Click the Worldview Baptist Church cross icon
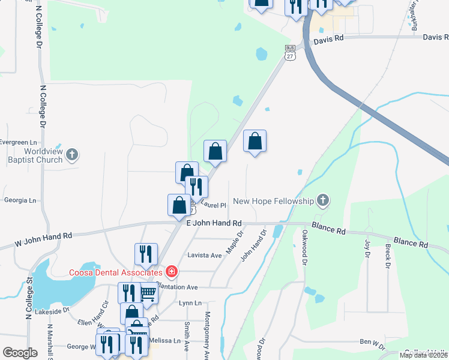[x=72, y=155]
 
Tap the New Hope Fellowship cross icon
[x=323, y=201]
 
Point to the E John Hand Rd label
[x=214, y=223]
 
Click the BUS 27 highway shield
[x=290, y=52]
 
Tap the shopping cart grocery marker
[x=148, y=293]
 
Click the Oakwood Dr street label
[x=304, y=248]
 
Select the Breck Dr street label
[x=388, y=256]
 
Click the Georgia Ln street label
[x=20, y=200]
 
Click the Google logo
[x=20, y=353]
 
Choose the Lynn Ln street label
[x=190, y=304]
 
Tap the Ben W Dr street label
[x=372, y=342]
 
